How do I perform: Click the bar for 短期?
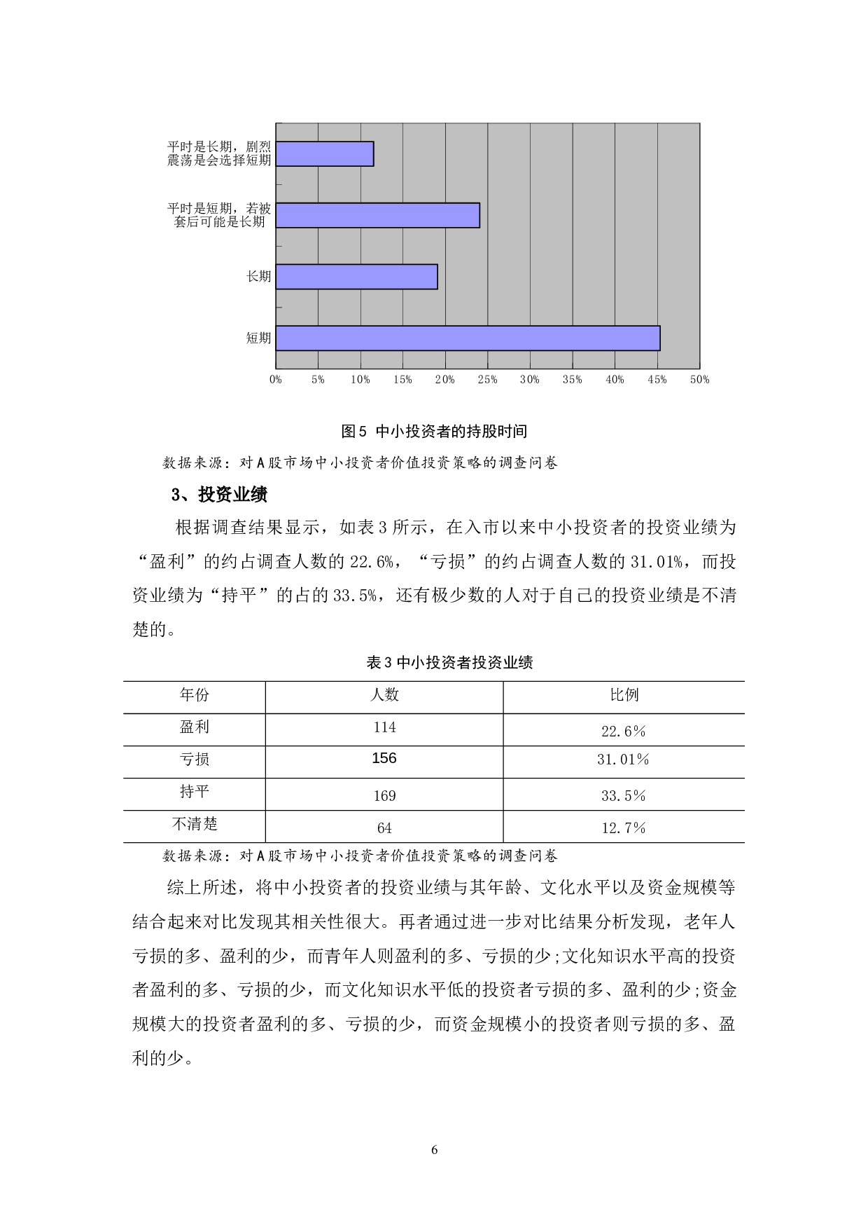tap(468, 338)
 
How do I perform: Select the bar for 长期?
tap(356, 277)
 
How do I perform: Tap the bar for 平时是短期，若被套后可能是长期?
tap(377, 215)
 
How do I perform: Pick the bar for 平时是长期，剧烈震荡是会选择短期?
tap(325, 153)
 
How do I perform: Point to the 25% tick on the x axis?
tap(488, 379)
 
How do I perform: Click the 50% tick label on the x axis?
tap(699, 379)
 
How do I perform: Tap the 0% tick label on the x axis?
tap(276, 379)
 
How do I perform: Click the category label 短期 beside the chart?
tap(258, 338)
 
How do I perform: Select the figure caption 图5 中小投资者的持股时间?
tap(434, 432)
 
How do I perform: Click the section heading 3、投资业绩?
tap(218, 495)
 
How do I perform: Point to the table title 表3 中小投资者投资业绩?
tap(449, 662)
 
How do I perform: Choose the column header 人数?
tap(384, 694)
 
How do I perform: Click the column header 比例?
tap(624, 694)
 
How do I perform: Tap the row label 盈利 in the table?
tap(195, 727)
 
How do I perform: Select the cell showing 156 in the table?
tap(384, 758)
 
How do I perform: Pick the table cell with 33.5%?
tap(624, 795)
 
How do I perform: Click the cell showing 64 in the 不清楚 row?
tap(384, 828)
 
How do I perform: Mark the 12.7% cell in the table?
tap(624, 828)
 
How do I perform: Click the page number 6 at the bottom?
tap(435, 1149)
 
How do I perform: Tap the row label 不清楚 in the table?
tap(195, 824)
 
